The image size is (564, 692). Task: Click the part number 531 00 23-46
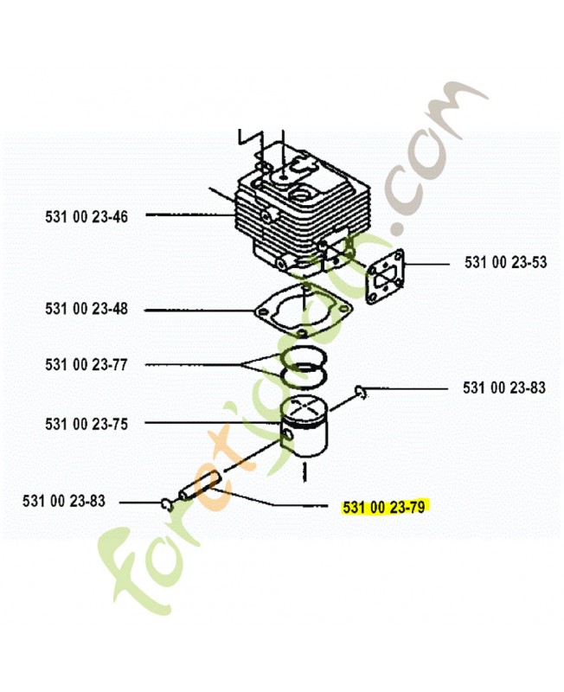coord(86,217)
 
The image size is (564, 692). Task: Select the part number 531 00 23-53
coord(505,262)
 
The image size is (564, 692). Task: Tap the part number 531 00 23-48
coord(86,309)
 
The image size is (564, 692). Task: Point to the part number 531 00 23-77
coord(86,364)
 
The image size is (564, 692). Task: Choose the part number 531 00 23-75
coord(86,424)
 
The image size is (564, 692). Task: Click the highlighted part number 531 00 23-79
coord(384,507)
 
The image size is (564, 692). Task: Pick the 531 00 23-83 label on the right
coord(504,388)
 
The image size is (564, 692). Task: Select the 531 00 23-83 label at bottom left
coord(64,501)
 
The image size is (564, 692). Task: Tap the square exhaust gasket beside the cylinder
coord(386,277)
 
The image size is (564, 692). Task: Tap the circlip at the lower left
coord(167,504)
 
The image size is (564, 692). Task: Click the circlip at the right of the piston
coord(361,392)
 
